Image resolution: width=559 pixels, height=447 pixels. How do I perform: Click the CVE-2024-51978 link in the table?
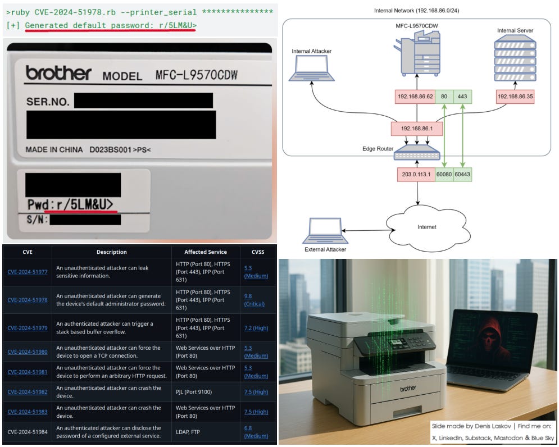click(x=28, y=300)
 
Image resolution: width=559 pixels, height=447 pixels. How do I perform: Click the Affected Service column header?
click(x=205, y=252)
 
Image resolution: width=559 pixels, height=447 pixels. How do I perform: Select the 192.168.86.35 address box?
click(x=515, y=96)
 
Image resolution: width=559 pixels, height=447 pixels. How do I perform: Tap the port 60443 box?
click(x=462, y=174)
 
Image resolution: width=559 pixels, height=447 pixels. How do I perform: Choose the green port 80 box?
click(x=443, y=96)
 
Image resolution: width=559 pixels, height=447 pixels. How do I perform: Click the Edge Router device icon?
click(x=416, y=153)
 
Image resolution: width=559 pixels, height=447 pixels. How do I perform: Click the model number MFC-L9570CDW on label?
click(x=178, y=75)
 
